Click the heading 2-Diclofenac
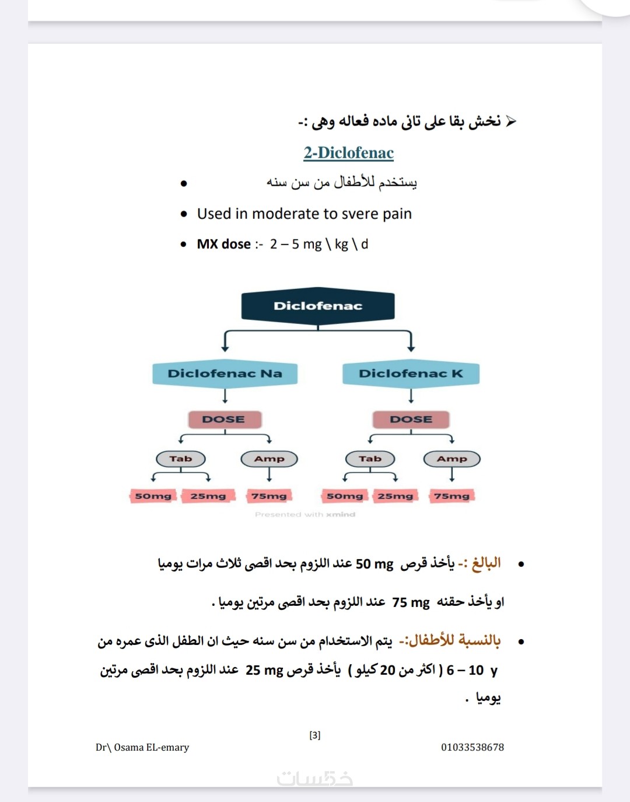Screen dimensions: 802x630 coord(348,153)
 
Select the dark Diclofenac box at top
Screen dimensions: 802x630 coord(318,306)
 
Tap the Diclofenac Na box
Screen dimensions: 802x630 coord(225,374)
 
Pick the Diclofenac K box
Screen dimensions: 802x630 coord(411,374)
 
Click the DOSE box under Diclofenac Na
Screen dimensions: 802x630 coord(224,419)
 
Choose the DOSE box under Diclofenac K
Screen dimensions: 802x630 coord(411,419)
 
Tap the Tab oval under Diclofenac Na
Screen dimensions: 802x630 coord(181,459)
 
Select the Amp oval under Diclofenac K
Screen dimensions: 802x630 coord(452,459)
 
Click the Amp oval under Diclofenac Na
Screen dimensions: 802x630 coord(269,459)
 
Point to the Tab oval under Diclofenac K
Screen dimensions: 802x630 coord(370,459)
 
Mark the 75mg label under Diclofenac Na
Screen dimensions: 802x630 coord(269,496)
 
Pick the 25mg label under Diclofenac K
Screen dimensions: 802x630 coord(395,496)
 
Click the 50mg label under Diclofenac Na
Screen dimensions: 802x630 coord(153,496)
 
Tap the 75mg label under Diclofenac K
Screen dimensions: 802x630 coord(452,496)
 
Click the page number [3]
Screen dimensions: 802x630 coord(315,735)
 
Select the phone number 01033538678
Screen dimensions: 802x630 coord(473,747)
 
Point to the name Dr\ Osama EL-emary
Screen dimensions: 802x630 coord(142,747)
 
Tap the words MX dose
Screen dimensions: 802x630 coord(224,244)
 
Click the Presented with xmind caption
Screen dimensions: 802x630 coord(305,514)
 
